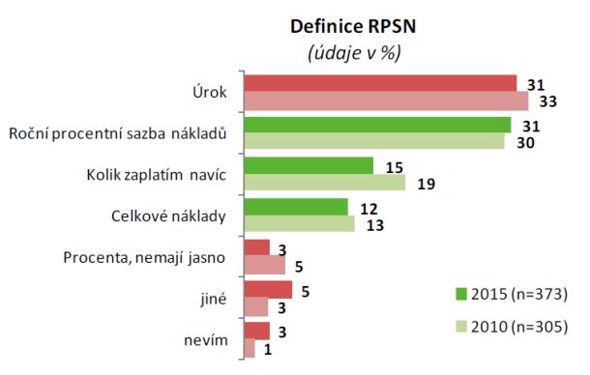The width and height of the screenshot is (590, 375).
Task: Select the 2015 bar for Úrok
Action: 380,83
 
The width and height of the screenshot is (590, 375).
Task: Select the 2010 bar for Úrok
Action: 386,101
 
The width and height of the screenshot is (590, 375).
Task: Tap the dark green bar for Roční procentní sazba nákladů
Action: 377,125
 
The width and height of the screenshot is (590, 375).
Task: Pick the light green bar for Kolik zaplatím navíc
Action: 325,183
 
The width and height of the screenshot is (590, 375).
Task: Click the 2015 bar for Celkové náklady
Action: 296,207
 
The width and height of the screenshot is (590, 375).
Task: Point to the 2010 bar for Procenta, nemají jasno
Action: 265,266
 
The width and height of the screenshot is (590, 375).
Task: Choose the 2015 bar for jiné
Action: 268,290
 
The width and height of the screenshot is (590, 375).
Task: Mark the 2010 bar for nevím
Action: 250,349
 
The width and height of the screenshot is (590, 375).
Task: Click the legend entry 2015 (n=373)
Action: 511,293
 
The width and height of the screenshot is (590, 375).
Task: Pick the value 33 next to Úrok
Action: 546,101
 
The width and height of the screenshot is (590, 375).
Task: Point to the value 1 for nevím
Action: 267,349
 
